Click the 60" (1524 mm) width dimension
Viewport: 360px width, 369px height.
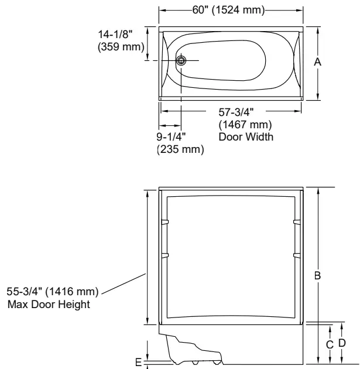[x=231, y=10]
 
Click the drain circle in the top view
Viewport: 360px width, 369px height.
[x=181, y=60]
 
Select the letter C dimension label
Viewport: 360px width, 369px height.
[x=330, y=344]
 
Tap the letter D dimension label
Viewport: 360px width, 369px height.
[x=342, y=341]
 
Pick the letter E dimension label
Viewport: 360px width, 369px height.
[x=138, y=363]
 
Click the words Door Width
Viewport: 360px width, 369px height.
[x=245, y=137]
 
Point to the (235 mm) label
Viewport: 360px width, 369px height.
[x=180, y=150]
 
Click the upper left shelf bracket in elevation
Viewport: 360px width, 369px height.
[x=164, y=222]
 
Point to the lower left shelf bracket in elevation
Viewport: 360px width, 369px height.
[x=164, y=255]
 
